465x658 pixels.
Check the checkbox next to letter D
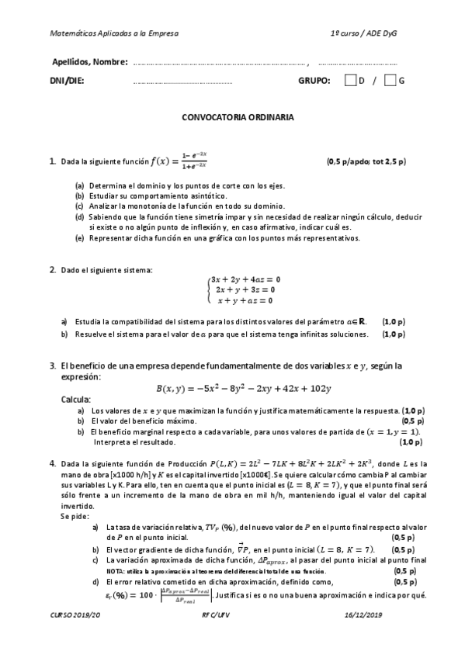point(351,81)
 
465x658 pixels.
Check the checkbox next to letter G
point(390,81)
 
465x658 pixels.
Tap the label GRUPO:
point(314,81)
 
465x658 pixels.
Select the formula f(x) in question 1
point(179,161)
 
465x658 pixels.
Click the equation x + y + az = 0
point(247,300)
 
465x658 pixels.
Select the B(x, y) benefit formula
point(244,388)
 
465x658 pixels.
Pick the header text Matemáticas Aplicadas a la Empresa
point(113,34)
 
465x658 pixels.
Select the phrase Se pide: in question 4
point(75,516)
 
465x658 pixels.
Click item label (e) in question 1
point(79,238)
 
